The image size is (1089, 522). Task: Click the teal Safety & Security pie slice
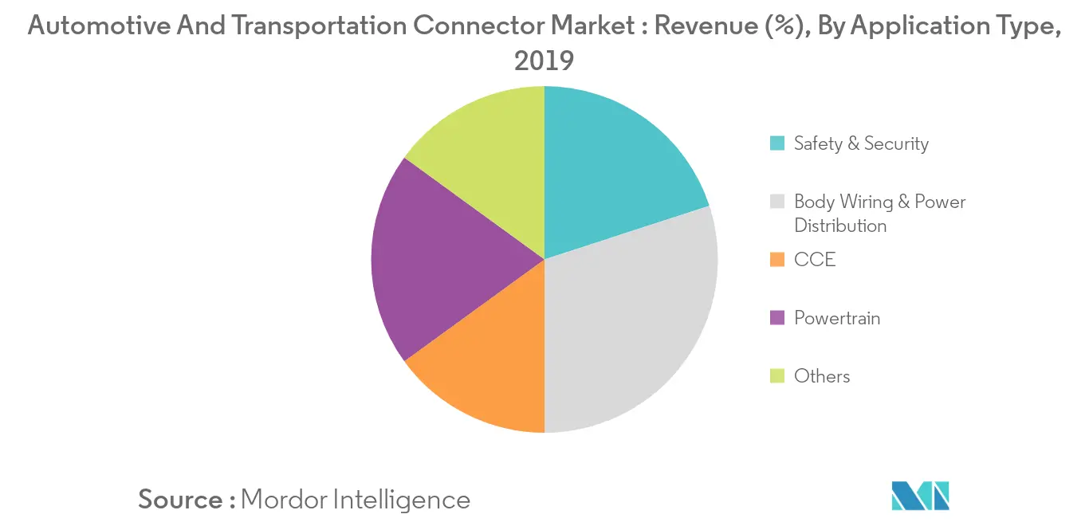click(x=614, y=175)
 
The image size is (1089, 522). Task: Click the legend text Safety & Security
click(x=861, y=144)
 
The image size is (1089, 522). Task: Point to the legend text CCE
click(x=815, y=260)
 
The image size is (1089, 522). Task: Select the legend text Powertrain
click(x=837, y=318)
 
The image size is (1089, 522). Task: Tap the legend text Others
click(x=822, y=376)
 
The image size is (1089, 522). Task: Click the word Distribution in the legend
click(x=840, y=226)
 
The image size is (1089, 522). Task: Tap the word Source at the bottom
click(x=181, y=500)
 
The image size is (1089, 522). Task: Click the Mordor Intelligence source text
click(x=356, y=500)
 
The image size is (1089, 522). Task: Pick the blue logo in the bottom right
click(x=921, y=496)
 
